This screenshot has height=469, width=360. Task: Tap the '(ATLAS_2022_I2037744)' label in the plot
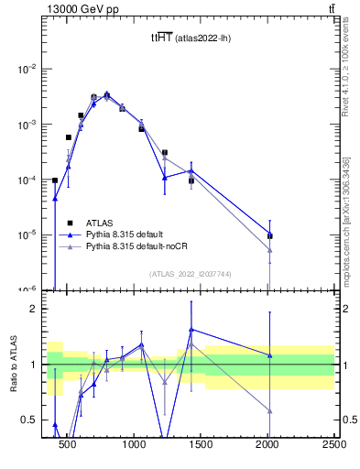[191, 273]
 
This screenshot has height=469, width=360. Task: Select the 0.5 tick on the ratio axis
[33, 420]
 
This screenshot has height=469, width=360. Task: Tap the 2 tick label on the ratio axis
[38, 309]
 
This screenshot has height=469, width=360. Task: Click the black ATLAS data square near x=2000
[269, 235]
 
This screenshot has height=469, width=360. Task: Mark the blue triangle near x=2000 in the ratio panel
[269, 355]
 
